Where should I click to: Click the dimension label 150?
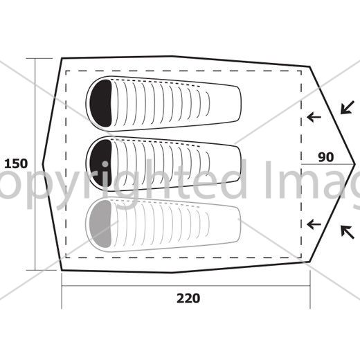pyautogui.click(x=16, y=163)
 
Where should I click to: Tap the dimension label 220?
pyautogui.click(x=188, y=298)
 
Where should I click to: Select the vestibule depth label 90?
pyautogui.click(x=326, y=157)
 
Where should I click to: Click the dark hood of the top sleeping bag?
pyautogui.click(x=101, y=103)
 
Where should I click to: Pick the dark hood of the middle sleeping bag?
pyautogui.click(x=101, y=163)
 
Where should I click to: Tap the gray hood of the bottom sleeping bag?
pyautogui.click(x=100, y=224)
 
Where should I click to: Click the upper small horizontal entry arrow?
pyautogui.click(x=314, y=117)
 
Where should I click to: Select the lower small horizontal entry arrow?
pyautogui.click(x=314, y=224)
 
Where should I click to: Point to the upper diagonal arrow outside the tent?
pyautogui.click(x=348, y=107)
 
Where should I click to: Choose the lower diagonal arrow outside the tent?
pyautogui.click(x=348, y=232)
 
